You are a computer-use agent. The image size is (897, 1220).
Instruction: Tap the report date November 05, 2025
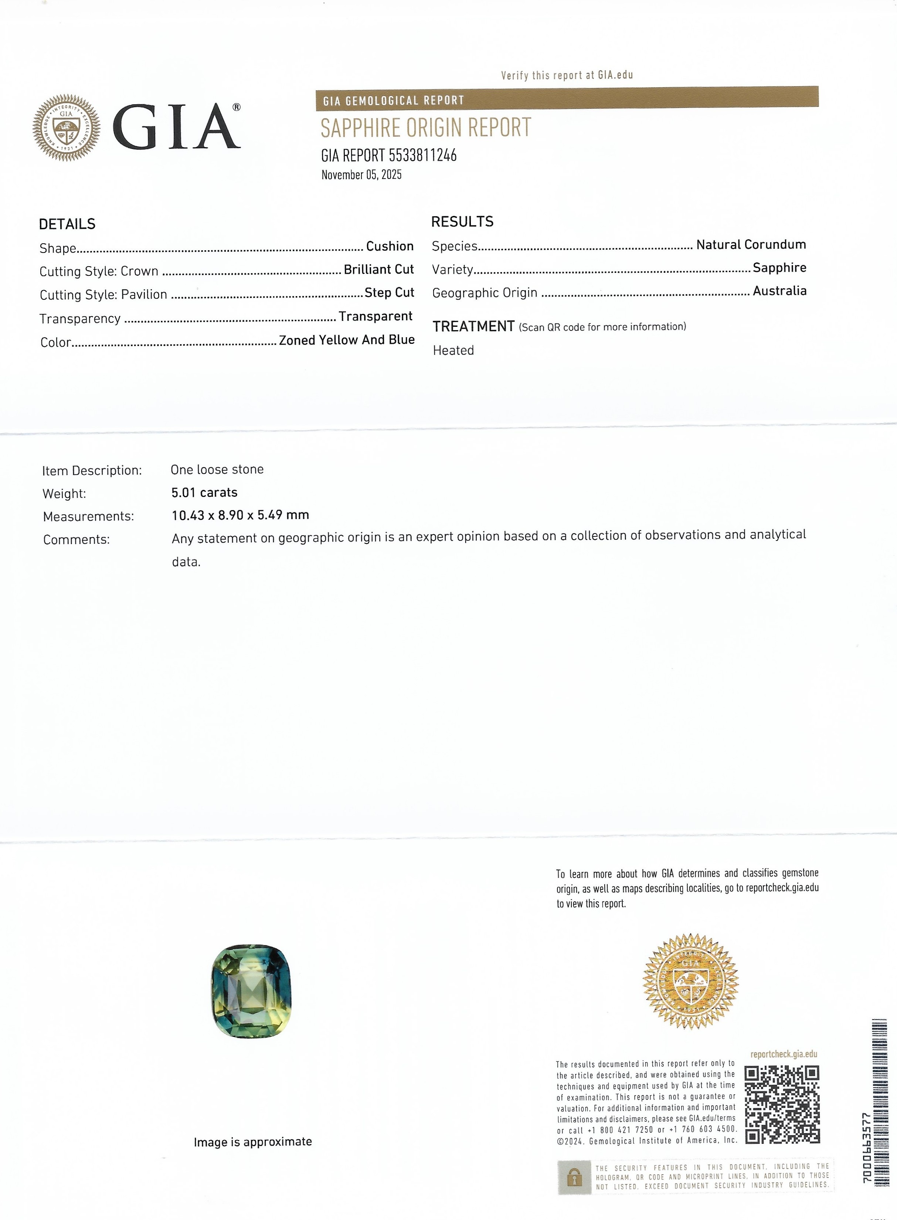[361, 175]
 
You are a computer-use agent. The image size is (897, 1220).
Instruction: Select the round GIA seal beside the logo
[66, 128]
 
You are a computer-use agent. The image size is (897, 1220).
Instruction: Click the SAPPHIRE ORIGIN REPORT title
[426, 128]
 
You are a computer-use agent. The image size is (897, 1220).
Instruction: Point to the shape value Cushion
[390, 246]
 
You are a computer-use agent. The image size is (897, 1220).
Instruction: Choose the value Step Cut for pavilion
[389, 293]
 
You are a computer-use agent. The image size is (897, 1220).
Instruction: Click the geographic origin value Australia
[779, 291]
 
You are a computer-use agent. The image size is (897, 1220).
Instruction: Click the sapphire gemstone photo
[251, 991]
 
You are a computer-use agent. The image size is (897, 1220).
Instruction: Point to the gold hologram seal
[691, 981]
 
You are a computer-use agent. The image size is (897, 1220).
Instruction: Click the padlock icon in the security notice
[574, 1177]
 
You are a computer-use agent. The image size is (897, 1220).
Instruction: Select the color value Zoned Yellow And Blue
[347, 340]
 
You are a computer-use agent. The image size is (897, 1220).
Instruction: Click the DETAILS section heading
[67, 224]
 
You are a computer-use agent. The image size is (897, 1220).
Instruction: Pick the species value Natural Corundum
[751, 245]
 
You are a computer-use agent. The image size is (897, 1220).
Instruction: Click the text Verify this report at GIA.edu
[567, 75]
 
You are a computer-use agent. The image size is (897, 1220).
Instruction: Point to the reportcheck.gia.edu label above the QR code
[784, 1054]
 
